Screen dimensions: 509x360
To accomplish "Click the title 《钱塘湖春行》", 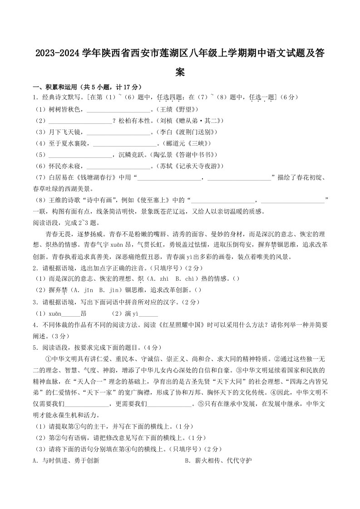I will tap(97, 177).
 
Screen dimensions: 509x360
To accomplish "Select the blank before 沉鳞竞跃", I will tap(79, 156).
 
